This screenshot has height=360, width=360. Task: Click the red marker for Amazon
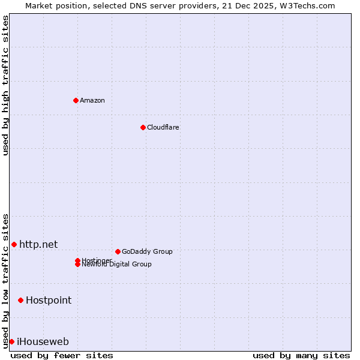click(76, 100)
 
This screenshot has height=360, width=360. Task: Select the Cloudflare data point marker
click(143, 127)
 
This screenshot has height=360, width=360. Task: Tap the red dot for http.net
click(14, 244)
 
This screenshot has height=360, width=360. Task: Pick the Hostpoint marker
click(20, 300)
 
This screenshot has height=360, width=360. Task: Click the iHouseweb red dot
click(11, 341)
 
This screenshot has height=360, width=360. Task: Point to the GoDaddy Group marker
click(118, 251)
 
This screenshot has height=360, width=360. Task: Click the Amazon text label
click(92, 100)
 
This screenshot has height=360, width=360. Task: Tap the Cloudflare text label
click(163, 127)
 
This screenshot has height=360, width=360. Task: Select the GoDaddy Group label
click(147, 251)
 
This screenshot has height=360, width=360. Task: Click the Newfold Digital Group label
click(117, 265)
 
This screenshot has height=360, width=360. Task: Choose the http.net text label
click(38, 244)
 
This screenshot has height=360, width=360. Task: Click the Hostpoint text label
click(49, 300)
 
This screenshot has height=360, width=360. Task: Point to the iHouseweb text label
click(43, 342)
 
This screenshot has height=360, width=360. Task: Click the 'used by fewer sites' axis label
click(62, 355)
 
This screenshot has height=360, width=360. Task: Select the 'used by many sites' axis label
click(301, 355)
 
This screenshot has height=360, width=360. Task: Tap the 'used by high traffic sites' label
click(5, 85)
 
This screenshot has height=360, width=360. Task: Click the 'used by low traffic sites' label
click(5, 281)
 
